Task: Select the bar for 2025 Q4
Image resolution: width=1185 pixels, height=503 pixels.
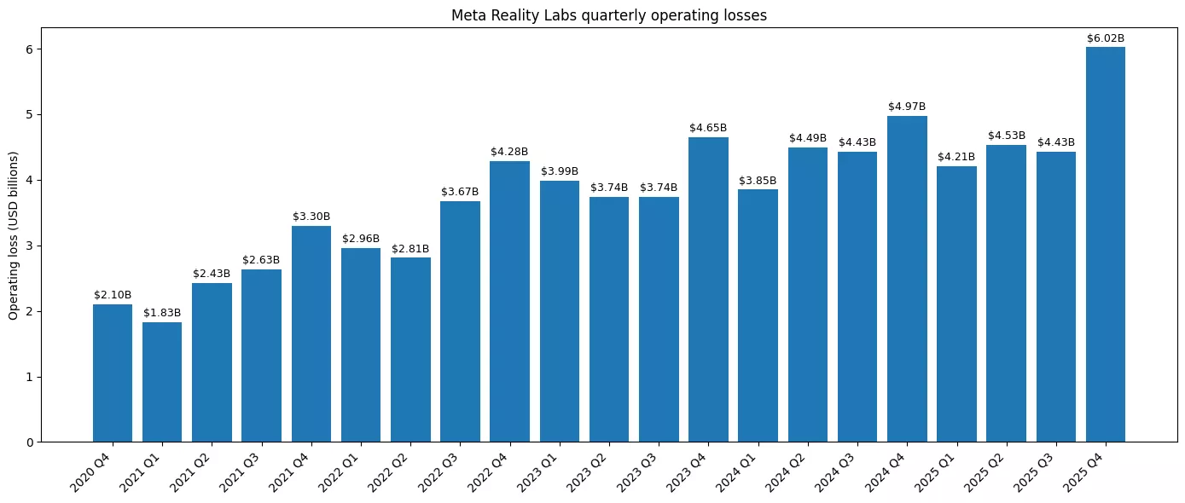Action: [1105, 245]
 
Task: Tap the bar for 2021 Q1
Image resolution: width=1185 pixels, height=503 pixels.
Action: [162, 382]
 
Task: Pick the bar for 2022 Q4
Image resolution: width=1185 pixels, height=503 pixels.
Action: [509, 302]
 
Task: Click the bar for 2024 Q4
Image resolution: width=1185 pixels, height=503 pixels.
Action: [907, 279]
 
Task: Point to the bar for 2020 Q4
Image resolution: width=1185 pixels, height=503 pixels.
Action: [113, 373]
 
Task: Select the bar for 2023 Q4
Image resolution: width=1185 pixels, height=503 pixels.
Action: [708, 290]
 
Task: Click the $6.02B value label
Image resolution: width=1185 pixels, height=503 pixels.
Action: [1105, 38]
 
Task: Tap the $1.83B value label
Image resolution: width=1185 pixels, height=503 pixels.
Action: [162, 313]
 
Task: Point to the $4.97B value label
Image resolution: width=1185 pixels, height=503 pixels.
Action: [907, 107]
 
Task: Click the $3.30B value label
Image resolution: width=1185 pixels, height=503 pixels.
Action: [311, 217]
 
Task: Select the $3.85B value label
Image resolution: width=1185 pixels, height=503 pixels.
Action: [758, 181]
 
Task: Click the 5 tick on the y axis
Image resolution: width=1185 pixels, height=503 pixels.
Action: [29, 114]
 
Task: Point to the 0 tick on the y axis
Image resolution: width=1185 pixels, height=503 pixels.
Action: [29, 442]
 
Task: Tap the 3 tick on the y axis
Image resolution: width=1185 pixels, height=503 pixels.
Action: [29, 246]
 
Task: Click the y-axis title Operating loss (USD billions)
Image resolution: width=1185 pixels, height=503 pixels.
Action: [14, 235]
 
